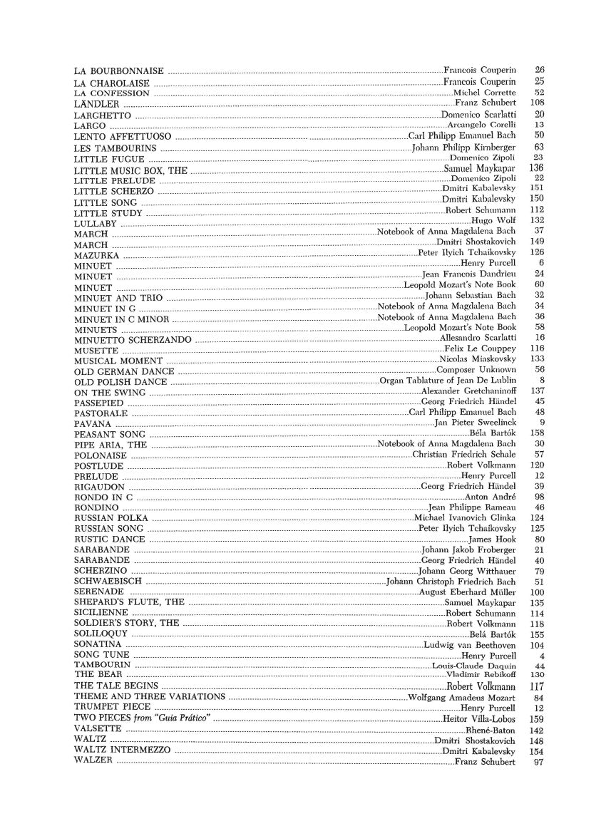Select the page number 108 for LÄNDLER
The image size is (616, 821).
tap(538, 103)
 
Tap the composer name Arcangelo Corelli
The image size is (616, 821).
tap(481, 125)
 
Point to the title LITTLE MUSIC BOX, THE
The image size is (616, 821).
tap(130, 170)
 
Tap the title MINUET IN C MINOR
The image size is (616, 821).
tap(122, 319)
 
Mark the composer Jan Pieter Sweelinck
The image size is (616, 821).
tap(475, 423)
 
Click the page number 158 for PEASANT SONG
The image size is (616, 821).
tap(538, 433)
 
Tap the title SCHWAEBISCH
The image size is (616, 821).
tap(105, 582)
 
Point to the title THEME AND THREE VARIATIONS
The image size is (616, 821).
tap(150, 696)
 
